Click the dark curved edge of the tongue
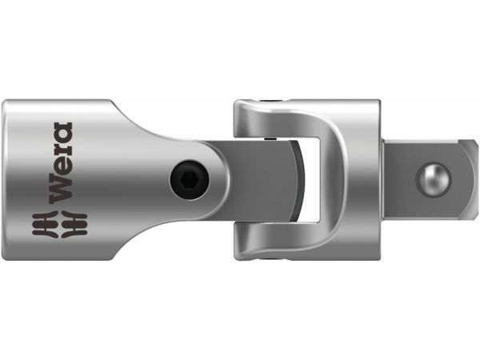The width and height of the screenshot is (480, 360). (296, 180)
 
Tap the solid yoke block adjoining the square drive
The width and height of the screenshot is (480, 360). (364, 180)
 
